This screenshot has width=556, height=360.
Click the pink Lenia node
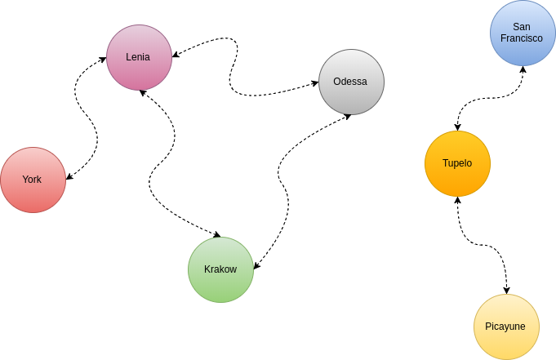click(140, 57)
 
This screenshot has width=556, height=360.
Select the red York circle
click(33, 180)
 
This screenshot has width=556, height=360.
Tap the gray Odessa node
click(351, 82)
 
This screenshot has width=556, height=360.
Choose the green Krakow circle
click(221, 269)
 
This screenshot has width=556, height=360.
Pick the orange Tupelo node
click(457, 163)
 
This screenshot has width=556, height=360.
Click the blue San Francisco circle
click(523, 33)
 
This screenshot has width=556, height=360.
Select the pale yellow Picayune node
click(507, 327)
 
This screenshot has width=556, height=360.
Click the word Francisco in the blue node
click(521, 38)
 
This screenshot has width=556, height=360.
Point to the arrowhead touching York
click(69, 176)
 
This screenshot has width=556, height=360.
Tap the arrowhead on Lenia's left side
click(103, 60)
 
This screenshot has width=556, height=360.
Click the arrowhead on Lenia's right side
click(176, 54)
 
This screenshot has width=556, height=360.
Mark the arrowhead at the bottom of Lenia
click(143, 93)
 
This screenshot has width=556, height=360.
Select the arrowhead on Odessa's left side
click(315, 83)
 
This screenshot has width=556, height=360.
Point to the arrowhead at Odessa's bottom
click(348, 117)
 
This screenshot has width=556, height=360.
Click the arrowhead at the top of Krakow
click(216, 234)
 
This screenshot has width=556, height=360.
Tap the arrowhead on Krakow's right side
click(256, 265)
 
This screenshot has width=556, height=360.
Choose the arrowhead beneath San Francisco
click(523, 69)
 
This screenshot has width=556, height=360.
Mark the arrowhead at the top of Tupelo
click(457, 127)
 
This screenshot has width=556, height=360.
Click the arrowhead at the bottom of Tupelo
click(457, 200)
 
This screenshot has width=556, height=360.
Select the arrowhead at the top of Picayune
click(507, 290)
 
